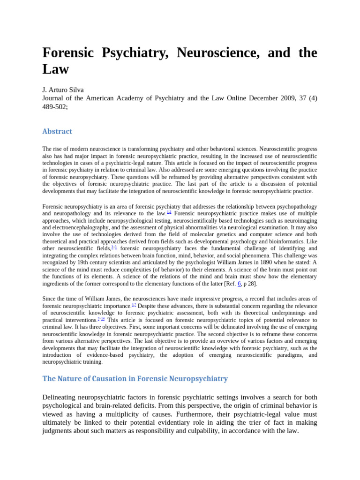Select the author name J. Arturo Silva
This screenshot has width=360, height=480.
click(63, 90)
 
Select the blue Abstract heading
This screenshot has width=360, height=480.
click(57, 131)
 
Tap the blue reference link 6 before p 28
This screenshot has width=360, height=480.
click(239, 284)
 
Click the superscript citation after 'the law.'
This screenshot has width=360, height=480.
click(169, 212)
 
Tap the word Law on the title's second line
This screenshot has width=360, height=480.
click(55, 69)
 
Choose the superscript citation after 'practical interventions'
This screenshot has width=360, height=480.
click(101, 319)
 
